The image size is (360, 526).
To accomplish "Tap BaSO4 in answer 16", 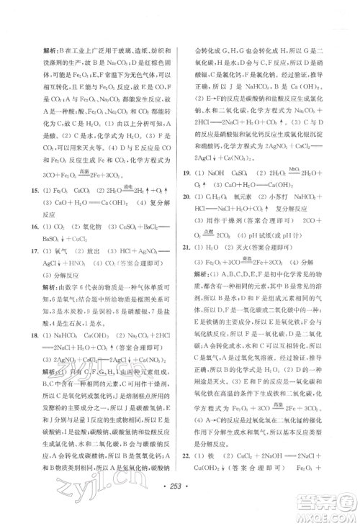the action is coord(53,238).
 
